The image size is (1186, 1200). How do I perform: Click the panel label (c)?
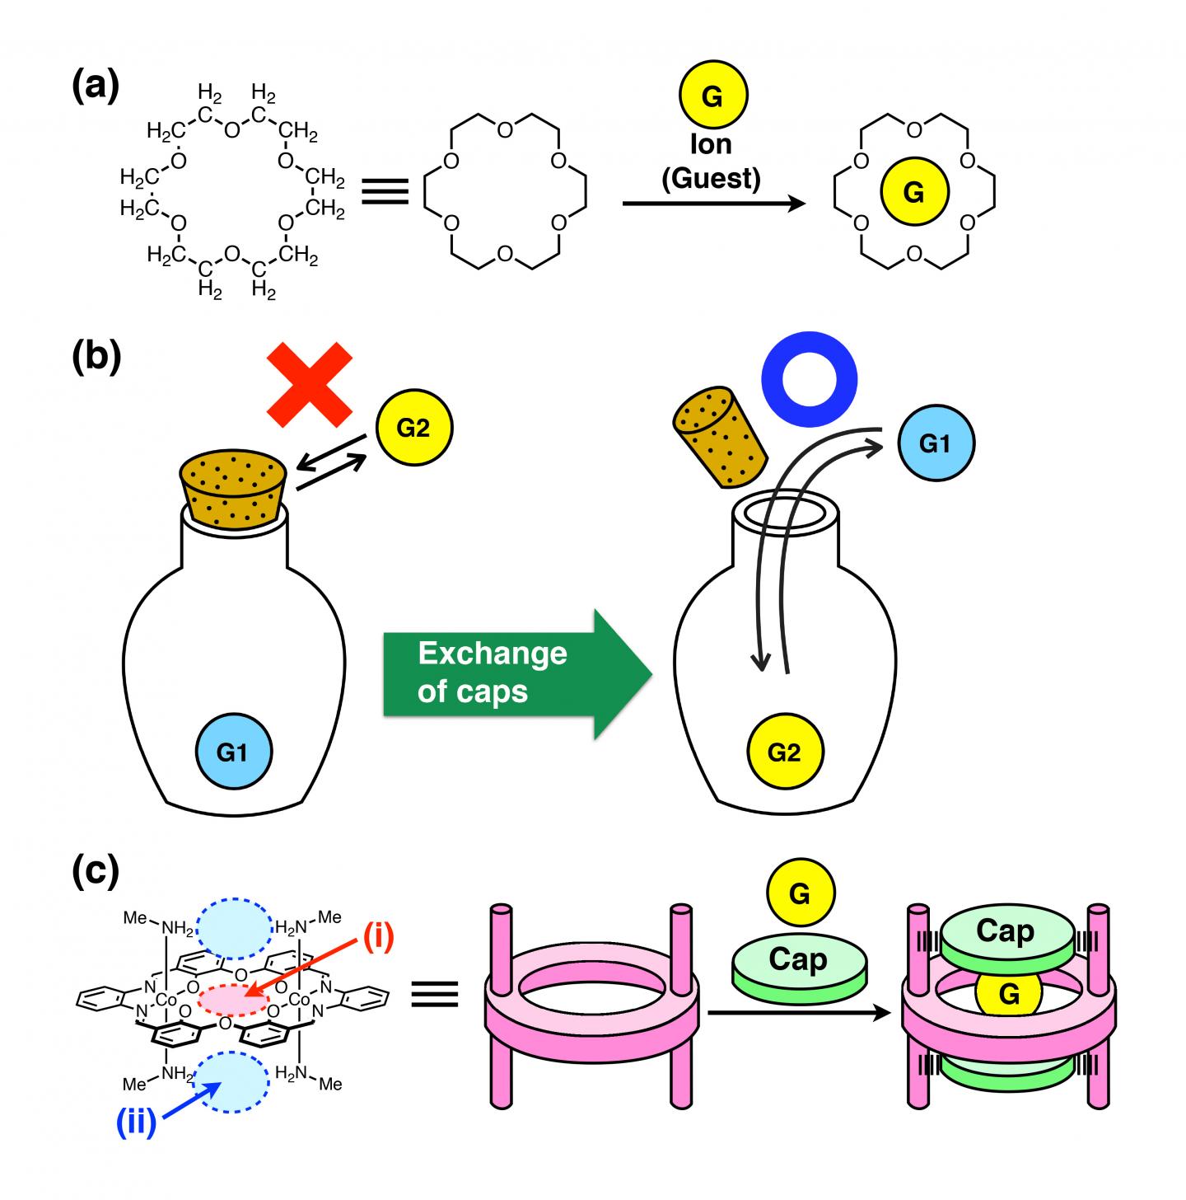point(95,871)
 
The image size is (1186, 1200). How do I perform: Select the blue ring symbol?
point(809,380)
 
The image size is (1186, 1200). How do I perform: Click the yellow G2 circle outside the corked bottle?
point(413,429)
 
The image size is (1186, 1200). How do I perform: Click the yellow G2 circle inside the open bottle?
point(784,752)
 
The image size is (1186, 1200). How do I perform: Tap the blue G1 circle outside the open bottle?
point(935,444)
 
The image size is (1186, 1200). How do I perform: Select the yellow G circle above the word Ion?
point(712,96)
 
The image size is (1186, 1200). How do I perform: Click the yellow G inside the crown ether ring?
point(914,192)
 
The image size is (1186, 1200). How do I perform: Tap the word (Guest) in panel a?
point(711,178)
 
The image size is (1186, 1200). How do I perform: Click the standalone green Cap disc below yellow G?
point(797,964)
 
